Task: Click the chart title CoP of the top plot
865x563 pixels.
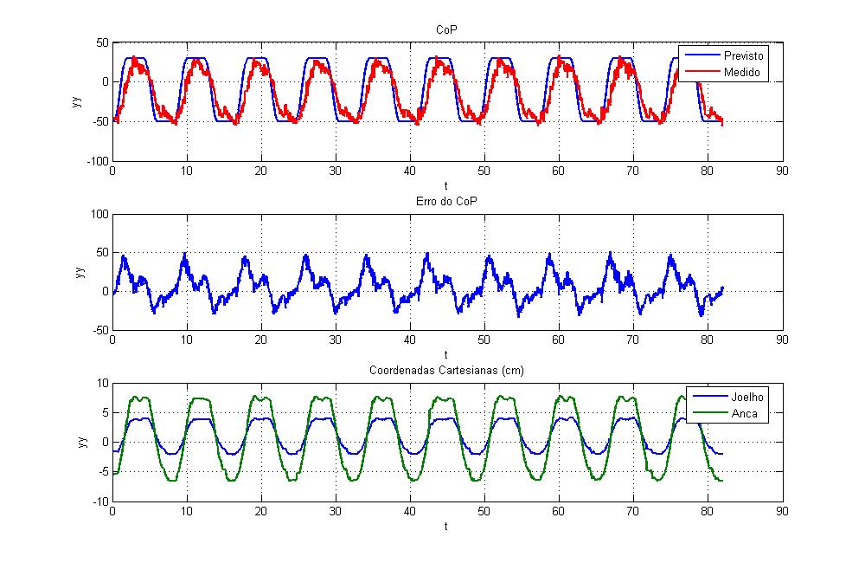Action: pyautogui.click(x=446, y=30)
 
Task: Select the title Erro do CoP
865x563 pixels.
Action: pyautogui.click(x=446, y=202)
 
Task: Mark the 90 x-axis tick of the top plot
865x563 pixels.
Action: pyautogui.click(x=782, y=171)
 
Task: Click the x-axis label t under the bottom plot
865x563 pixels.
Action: pyautogui.click(x=446, y=525)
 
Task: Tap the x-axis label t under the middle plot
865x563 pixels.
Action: pyautogui.click(x=446, y=354)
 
